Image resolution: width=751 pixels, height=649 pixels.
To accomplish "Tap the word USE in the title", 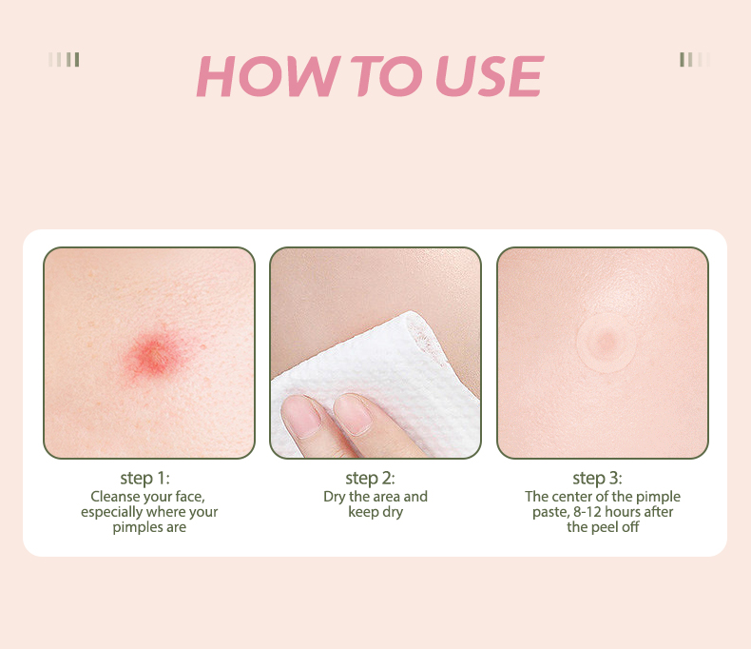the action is point(490,76).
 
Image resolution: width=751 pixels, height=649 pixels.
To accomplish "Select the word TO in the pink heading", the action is point(386,76).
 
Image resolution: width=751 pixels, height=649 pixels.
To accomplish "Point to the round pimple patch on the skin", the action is point(606,343).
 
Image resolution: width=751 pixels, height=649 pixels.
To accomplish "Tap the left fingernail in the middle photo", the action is point(301,416).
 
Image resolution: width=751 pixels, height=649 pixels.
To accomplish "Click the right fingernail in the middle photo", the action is point(354,414).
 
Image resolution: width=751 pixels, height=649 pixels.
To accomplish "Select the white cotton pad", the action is point(378,383).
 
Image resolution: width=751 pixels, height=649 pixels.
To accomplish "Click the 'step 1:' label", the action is point(144,479).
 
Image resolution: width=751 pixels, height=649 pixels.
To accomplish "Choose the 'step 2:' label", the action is point(370,479).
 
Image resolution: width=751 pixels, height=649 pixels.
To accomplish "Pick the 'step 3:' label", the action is point(597,479).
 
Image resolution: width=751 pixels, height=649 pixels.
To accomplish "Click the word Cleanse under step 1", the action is point(114,496).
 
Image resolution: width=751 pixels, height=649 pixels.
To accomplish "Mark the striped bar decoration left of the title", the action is point(64,59).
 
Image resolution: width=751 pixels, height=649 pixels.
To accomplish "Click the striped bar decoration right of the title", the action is point(695,59).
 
